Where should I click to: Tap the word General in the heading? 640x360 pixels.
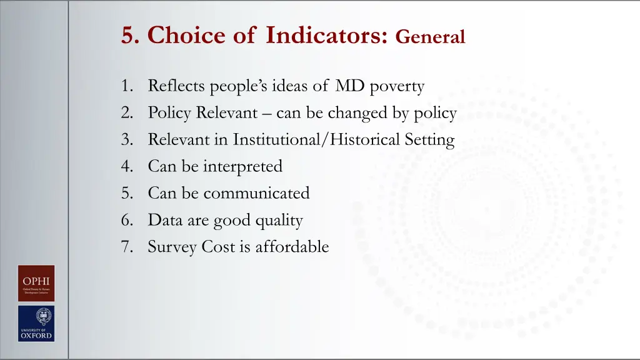tap(430, 37)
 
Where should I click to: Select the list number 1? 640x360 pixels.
tap(126, 86)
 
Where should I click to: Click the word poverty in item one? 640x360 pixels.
tap(397, 86)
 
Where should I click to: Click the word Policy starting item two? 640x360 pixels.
tap(169, 113)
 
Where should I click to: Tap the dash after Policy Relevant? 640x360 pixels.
tap(267, 114)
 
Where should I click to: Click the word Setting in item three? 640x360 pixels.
tap(429, 140)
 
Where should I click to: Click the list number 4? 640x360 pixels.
tap(126, 167)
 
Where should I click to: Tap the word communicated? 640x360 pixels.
tap(256, 193)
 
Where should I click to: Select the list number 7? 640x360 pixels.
tap(126, 247)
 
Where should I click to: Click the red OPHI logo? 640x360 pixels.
tap(36, 283)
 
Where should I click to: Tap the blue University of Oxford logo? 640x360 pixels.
tap(36, 323)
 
